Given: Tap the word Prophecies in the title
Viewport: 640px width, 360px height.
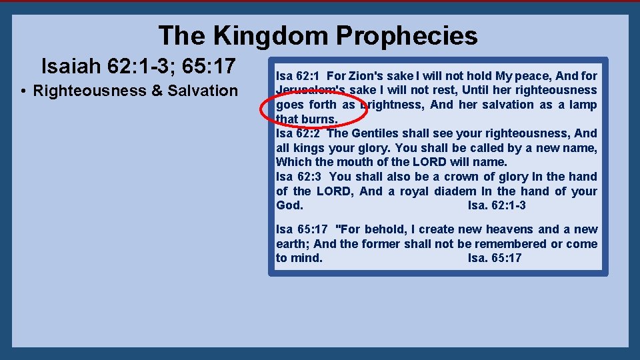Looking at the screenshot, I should [x=407, y=35].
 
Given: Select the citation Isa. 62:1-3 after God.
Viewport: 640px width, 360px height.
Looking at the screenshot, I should [x=497, y=206].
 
